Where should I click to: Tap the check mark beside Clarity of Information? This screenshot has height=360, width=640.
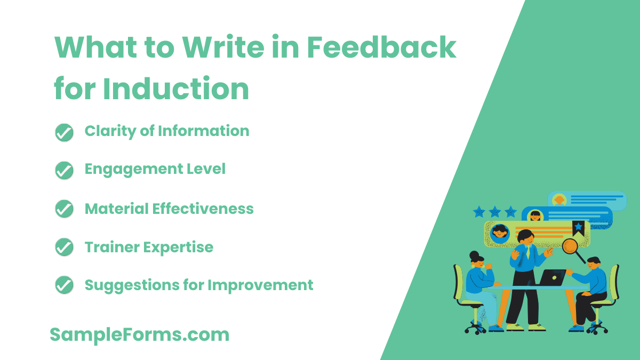pos(64,132)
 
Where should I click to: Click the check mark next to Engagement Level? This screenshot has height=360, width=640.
pos(64,170)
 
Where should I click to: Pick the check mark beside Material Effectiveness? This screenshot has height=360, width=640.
pos(64,209)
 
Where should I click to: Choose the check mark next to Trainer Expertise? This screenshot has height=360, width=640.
pos(64,247)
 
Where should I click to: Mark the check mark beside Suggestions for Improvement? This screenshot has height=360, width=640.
pos(64,286)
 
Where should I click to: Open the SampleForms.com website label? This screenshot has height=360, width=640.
pos(140,334)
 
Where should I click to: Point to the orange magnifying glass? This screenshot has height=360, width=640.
pos(571,246)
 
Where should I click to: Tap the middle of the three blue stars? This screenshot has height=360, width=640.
pos(495,212)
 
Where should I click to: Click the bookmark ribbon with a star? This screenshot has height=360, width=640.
pos(578,228)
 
